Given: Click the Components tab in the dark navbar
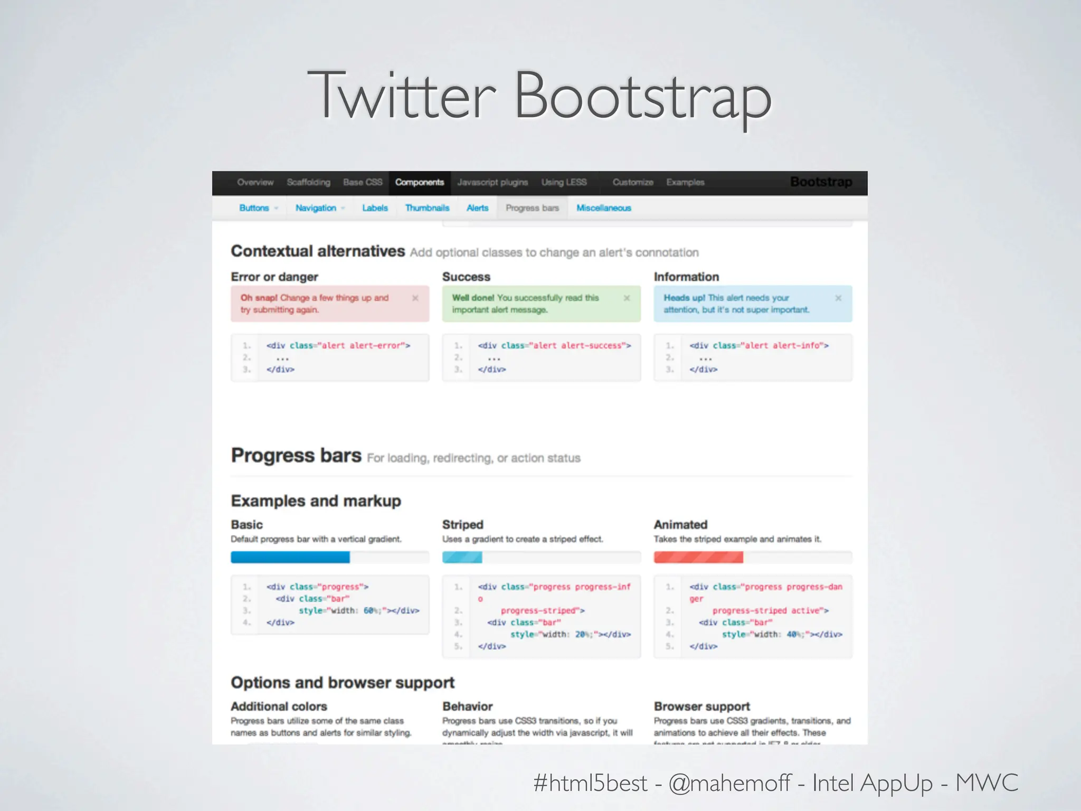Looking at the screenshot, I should [x=420, y=183].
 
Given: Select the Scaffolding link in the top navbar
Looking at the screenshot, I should [x=308, y=183].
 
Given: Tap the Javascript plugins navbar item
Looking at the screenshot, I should [x=492, y=183].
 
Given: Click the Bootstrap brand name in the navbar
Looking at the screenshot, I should [x=821, y=182].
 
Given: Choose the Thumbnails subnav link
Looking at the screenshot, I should [x=427, y=208].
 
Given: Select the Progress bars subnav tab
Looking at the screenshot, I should [x=532, y=208].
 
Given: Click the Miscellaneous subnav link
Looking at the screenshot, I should [x=603, y=208].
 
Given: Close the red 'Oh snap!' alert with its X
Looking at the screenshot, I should [x=415, y=298].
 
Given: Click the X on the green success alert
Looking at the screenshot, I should [x=627, y=298].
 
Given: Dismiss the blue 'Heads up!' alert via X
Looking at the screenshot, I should [x=838, y=298].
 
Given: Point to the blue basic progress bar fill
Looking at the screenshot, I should [x=290, y=557].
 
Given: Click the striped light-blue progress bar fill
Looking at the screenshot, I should [x=462, y=557].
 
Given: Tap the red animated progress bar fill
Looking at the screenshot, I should [x=698, y=557].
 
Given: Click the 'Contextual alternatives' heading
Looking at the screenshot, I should [x=318, y=251].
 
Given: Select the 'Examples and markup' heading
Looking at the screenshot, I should [x=316, y=501].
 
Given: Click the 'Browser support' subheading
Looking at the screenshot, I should [x=701, y=706].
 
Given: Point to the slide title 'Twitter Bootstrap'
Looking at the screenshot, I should [x=539, y=96].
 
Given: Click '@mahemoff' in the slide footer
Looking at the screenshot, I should [x=729, y=783].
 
